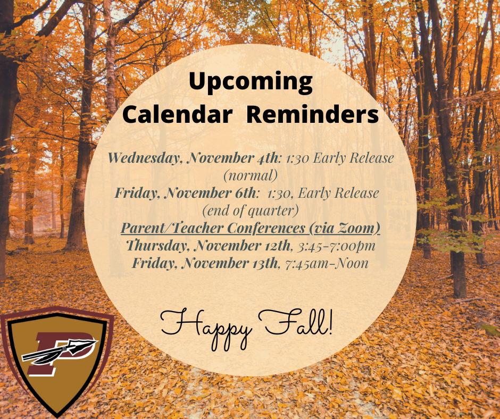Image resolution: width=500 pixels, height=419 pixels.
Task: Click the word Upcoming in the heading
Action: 251,82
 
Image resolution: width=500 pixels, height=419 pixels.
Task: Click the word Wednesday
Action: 145,158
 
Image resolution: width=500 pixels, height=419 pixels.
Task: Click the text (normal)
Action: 250,175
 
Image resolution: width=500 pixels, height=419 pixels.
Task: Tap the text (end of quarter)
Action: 250,211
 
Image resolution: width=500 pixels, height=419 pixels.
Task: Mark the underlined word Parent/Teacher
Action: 173,228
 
